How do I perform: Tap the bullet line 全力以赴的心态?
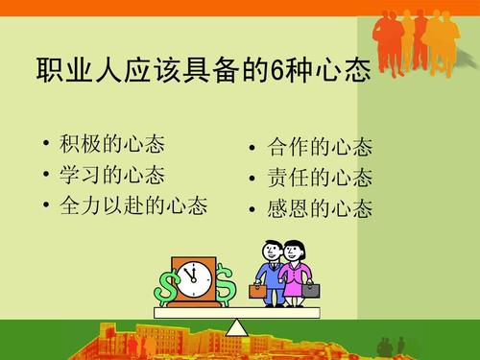tap(134, 204)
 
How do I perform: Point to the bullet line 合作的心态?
tap(321, 149)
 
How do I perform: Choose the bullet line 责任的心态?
tap(321, 179)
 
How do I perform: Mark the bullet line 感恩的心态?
tap(321, 208)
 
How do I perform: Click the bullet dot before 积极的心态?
tap(47, 147)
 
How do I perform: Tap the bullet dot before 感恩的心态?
tap(252, 209)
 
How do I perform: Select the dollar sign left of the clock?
tap(168, 286)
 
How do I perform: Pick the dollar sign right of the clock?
tap(226, 285)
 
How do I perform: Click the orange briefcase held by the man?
tap(258, 290)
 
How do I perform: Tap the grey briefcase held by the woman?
tap(311, 289)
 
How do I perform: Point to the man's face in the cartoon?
tap(271, 252)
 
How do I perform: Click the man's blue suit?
tap(273, 280)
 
